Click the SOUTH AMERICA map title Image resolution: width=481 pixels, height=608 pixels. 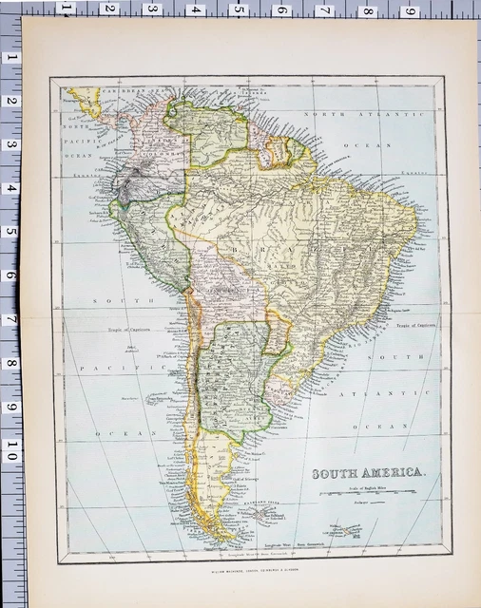point(371,473)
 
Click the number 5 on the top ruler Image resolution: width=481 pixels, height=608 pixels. point(238,9)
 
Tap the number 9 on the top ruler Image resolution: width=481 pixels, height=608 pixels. point(411,10)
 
